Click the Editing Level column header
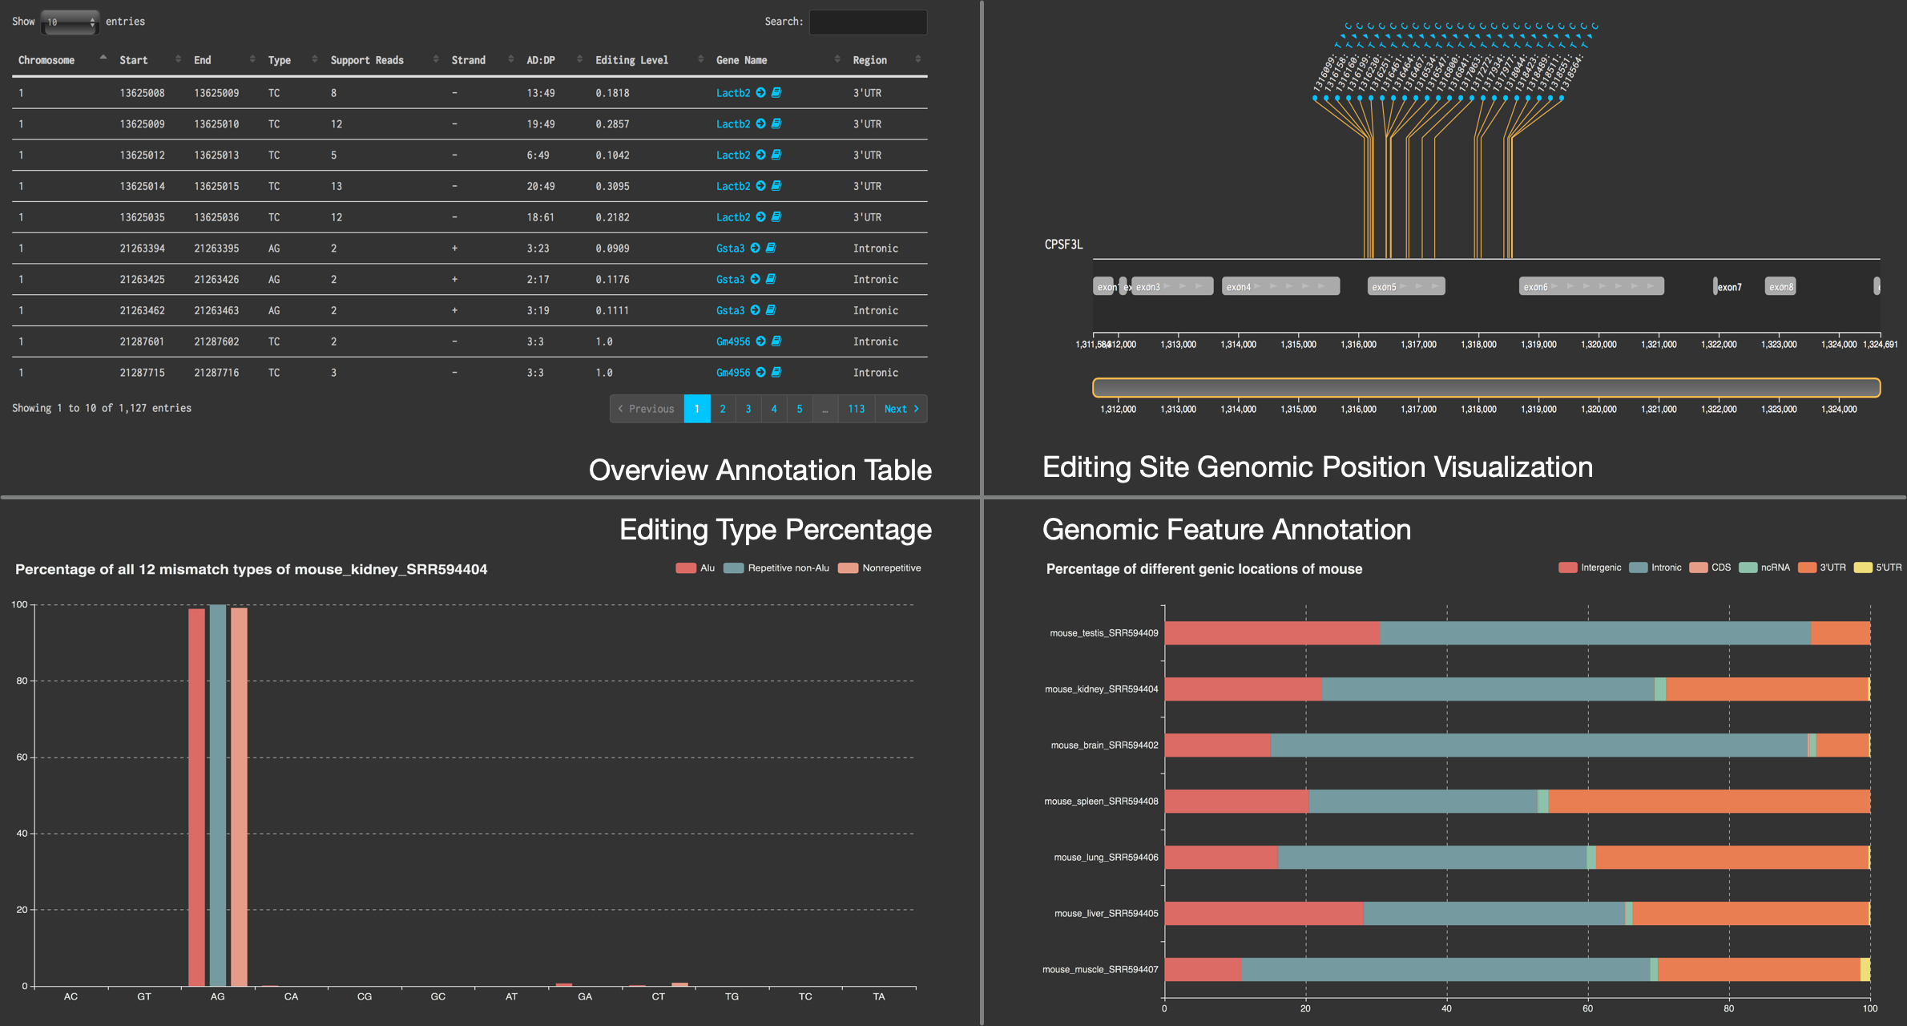pyautogui.click(x=631, y=60)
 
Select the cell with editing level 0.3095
pyautogui.click(x=612, y=186)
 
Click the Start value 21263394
pyautogui.click(x=142, y=248)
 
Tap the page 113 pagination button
pyautogui.click(x=856, y=409)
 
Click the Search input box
pyautogui.click(x=868, y=22)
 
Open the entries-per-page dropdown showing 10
pyautogui.click(x=70, y=22)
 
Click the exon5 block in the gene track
pyautogui.click(x=1405, y=286)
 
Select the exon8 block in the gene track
pyautogui.click(x=1780, y=286)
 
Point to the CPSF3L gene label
pyautogui.click(x=1063, y=244)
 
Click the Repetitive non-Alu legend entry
pyautogui.click(x=776, y=568)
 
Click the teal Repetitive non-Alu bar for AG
pyautogui.click(x=217, y=794)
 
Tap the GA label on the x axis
pyautogui.click(x=585, y=996)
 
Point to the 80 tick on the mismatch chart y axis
pyautogui.click(x=22, y=681)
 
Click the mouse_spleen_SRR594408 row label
pyautogui.click(x=1101, y=802)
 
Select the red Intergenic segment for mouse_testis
pyautogui.click(x=1272, y=633)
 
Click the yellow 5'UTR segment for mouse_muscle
pyautogui.click(x=1865, y=969)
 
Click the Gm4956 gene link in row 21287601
pyautogui.click(x=733, y=341)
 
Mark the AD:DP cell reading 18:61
pyautogui.click(x=540, y=217)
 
